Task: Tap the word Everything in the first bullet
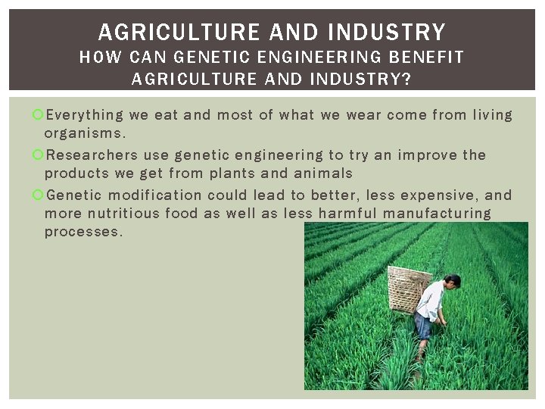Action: click(84, 115)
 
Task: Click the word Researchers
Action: click(92, 155)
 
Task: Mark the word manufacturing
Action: click(437, 214)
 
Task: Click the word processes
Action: click(83, 232)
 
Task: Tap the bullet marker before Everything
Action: click(38, 115)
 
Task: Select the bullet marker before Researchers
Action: click(38, 155)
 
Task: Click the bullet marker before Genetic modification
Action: click(38, 195)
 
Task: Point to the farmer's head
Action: click(452, 282)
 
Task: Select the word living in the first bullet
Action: click(492, 115)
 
